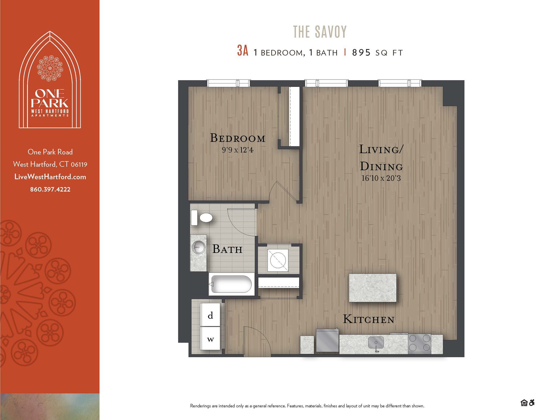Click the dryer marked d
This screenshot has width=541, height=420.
click(210, 315)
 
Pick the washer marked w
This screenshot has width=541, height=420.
click(210, 339)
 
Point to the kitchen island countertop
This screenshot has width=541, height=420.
click(373, 288)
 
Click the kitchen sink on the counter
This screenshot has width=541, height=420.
click(376, 343)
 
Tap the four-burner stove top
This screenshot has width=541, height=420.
click(420, 343)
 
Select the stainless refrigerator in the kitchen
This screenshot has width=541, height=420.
click(327, 341)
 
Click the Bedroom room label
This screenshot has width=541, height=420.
click(238, 138)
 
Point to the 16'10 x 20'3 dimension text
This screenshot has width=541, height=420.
click(381, 178)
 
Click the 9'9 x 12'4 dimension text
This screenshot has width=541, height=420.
click(238, 150)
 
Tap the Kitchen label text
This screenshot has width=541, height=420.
click(369, 319)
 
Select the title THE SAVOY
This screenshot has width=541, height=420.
click(320, 32)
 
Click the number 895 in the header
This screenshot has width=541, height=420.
click(361, 53)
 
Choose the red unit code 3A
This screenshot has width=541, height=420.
click(243, 51)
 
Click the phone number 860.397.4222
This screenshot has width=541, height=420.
click(50, 190)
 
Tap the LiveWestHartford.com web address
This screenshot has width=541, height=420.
click(50, 177)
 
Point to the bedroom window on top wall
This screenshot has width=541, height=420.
click(228, 83)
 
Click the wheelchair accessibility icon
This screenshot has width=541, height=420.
click(531, 403)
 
